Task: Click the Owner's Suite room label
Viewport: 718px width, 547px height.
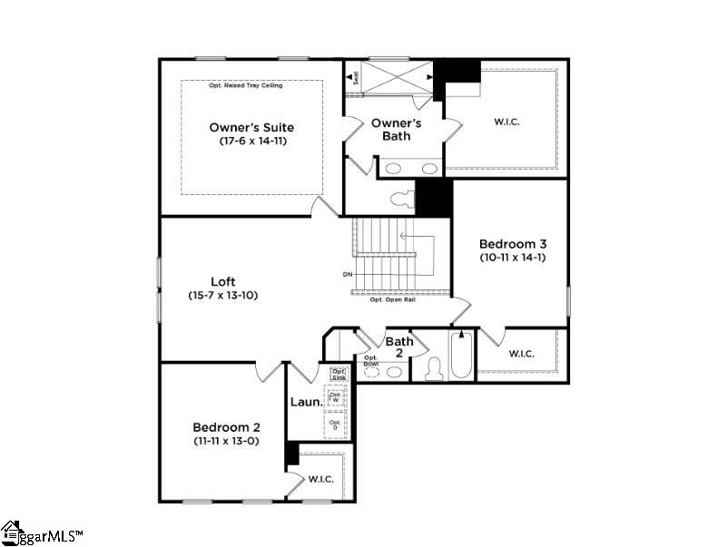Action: tap(251, 127)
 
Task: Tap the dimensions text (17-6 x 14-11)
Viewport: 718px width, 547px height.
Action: tap(251, 142)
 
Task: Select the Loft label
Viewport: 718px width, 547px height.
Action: tap(223, 281)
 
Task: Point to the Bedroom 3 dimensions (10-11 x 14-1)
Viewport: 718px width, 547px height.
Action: tap(510, 258)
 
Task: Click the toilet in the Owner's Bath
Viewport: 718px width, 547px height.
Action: tap(399, 198)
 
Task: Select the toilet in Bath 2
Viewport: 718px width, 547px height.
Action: tap(433, 368)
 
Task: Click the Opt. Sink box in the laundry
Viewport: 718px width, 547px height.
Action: tap(338, 373)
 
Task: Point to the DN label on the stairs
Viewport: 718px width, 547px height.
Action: tap(347, 274)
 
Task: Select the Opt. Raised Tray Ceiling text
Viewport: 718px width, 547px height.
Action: tap(245, 85)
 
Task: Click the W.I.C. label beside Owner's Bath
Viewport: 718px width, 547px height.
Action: tap(507, 120)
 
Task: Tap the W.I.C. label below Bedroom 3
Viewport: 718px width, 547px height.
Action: tap(520, 353)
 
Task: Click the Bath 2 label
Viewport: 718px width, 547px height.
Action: tap(399, 347)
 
